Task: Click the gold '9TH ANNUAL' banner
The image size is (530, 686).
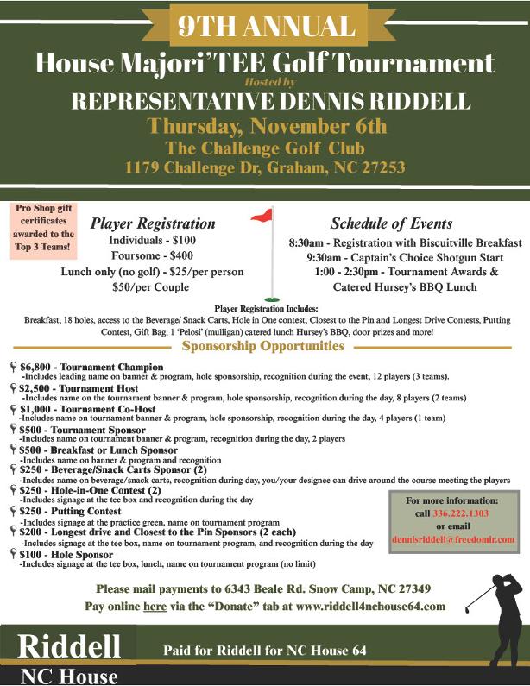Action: tap(265, 27)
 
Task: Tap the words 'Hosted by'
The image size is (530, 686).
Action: tap(264, 81)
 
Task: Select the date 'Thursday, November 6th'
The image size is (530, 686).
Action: tap(265, 126)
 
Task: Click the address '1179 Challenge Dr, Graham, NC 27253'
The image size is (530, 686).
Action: tap(265, 167)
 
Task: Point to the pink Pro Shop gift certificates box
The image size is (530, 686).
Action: tap(44, 228)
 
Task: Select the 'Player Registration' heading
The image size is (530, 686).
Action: tap(153, 223)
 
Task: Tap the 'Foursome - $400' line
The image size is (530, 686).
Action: tap(153, 255)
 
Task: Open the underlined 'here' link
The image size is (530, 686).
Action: tap(155, 607)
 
